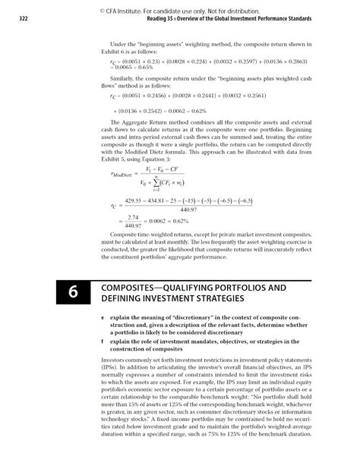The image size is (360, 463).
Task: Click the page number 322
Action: pyautogui.click(x=14, y=20)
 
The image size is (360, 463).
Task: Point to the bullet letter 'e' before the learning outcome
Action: pyautogui.click(x=103, y=315)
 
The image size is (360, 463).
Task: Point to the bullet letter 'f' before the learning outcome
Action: pyautogui.click(x=103, y=342)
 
